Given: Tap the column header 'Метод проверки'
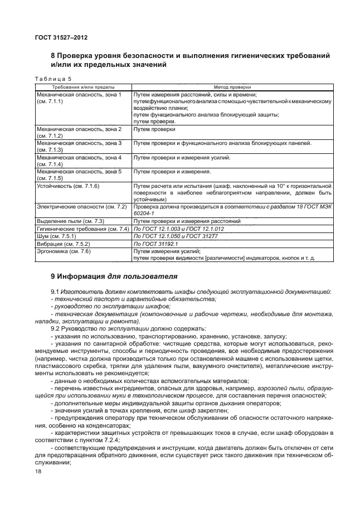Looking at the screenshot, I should (x=232, y=88).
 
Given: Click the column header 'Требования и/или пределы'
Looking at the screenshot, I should (x=84, y=88).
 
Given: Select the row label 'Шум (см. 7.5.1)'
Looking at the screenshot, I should (x=57, y=236).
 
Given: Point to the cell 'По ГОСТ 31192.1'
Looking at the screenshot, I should (x=156, y=244).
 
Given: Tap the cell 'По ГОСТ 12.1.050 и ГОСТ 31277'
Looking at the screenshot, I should (x=172, y=236).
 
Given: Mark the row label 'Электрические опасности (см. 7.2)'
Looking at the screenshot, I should (x=82, y=207).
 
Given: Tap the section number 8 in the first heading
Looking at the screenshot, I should (x=53, y=56).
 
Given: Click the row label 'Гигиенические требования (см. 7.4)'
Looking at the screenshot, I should (x=83, y=229).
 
